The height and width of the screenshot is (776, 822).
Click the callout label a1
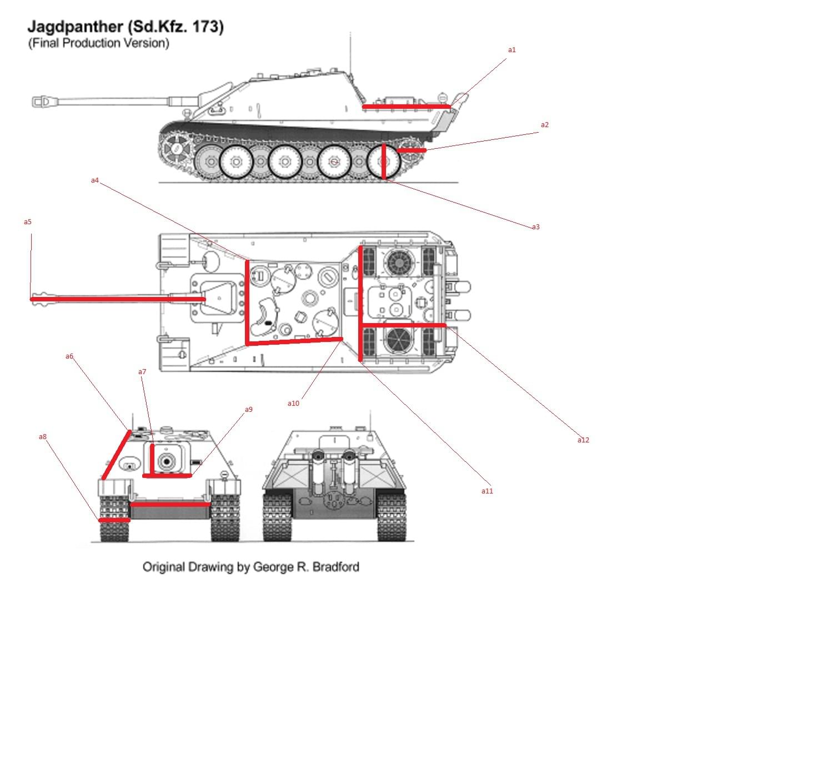click(x=512, y=50)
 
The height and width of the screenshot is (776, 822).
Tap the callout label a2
click(x=544, y=125)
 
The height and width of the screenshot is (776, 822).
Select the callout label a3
click(x=535, y=227)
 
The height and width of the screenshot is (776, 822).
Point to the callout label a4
click(x=94, y=180)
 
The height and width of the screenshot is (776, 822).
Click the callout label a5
click(x=27, y=222)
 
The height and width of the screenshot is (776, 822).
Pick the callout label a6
click(x=69, y=356)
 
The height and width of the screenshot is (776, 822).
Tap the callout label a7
click(x=142, y=372)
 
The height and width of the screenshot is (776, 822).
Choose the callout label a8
click(x=43, y=437)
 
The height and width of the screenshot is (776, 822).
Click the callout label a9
click(x=248, y=410)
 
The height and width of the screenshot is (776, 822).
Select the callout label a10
click(x=293, y=404)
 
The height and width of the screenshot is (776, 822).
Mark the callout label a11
click(x=487, y=491)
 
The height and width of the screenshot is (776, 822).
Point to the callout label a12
click(x=583, y=440)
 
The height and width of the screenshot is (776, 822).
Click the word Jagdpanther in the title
click(x=75, y=27)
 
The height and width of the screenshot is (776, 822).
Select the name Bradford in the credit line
click(x=335, y=567)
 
